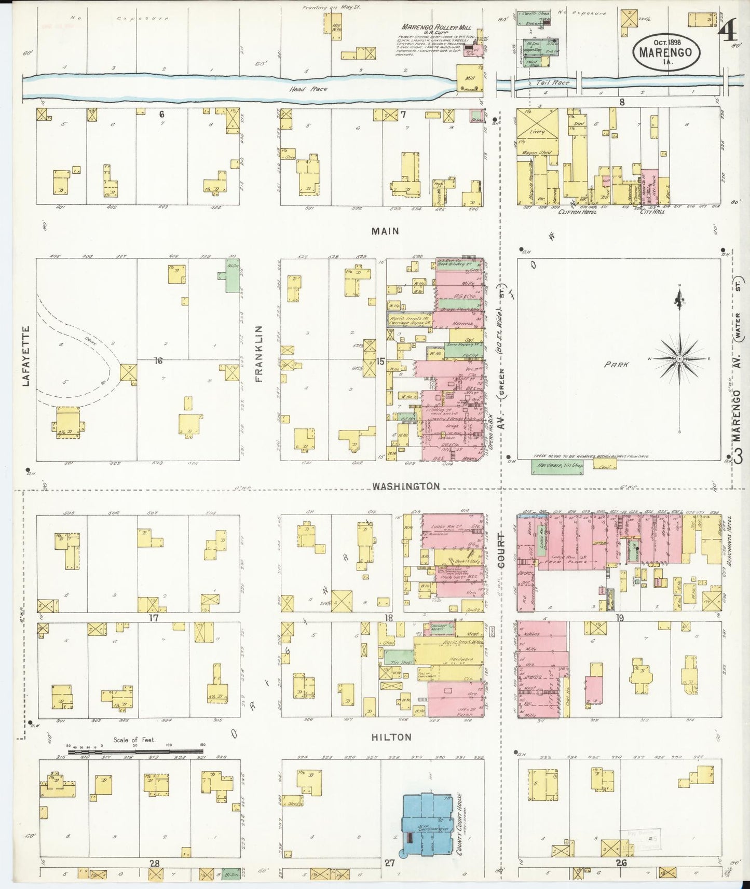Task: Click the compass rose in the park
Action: click(679, 358)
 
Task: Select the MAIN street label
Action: click(385, 231)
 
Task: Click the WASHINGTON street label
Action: click(406, 486)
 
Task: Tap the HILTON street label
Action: click(392, 737)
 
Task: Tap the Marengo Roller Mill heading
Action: click(427, 27)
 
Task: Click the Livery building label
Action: click(537, 132)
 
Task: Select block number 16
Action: click(158, 360)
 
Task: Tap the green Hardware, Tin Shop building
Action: click(558, 466)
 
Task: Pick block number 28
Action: click(154, 863)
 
